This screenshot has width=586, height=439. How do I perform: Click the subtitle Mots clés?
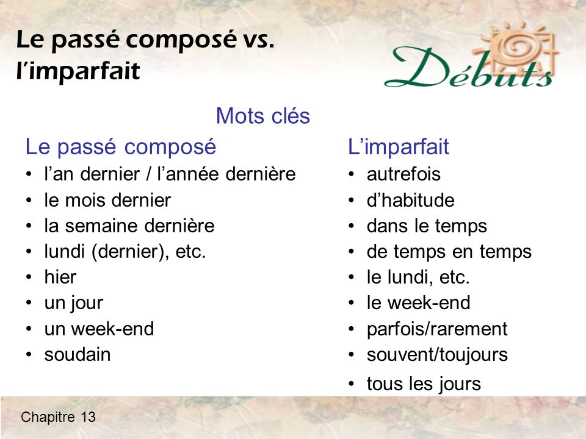tap(263, 116)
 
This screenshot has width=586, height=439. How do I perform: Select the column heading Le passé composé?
tap(121, 147)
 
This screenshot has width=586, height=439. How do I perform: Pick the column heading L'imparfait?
tap(399, 147)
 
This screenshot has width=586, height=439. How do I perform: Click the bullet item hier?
tap(60, 277)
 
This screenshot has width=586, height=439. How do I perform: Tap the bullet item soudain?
tap(78, 355)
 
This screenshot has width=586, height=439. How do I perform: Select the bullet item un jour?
tap(74, 304)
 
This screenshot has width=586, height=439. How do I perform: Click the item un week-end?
tap(99, 329)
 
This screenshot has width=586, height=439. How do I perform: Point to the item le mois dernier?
tap(107, 200)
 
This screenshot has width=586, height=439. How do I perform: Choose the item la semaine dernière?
tap(129, 226)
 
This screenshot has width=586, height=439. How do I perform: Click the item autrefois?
tap(403, 174)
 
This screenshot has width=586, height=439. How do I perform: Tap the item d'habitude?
tap(410, 200)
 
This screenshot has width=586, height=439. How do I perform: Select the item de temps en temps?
tap(449, 252)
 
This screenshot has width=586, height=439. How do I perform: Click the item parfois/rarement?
tap(436, 329)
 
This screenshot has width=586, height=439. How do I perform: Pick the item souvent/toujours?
tap(436, 355)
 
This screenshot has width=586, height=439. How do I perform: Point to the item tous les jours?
tap(424, 384)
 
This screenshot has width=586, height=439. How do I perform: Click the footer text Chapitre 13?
tap(58, 417)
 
